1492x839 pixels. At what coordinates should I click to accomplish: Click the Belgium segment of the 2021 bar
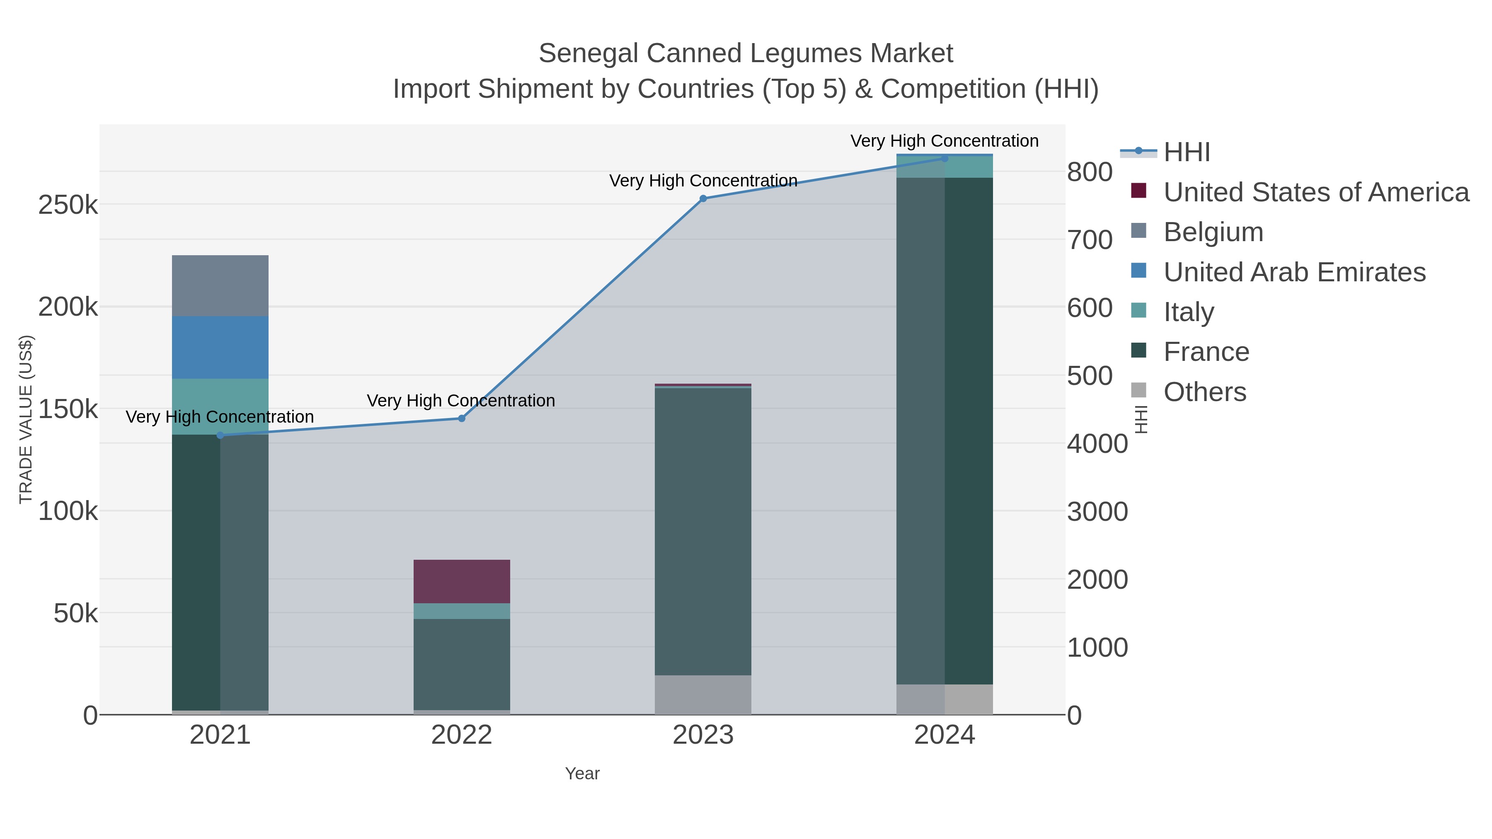click(220, 285)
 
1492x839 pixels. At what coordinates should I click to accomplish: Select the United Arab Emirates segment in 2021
click(220, 348)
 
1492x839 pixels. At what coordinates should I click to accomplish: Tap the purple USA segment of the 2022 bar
click(462, 581)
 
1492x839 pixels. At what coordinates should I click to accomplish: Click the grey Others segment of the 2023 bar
click(702, 694)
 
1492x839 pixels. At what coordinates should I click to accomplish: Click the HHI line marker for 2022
click(462, 418)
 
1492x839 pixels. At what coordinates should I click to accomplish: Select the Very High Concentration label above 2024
click(944, 141)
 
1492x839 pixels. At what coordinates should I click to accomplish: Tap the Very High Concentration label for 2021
click(220, 417)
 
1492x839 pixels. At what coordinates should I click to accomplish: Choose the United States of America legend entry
click(1316, 192)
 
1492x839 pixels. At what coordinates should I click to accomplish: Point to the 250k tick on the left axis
click(68, 205)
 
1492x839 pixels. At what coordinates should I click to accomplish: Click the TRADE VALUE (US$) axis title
click(26, 419)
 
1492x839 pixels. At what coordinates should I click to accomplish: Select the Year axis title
click(582, 774)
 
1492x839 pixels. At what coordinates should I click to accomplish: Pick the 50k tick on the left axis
click(75, 614)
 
